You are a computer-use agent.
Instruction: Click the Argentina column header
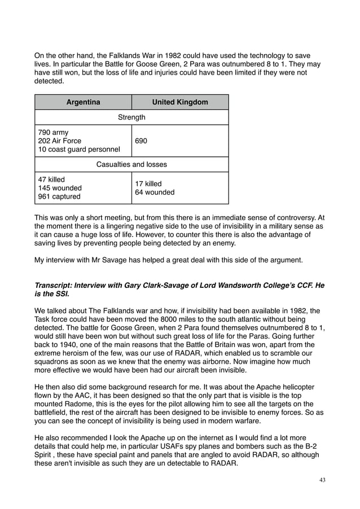[83, 102]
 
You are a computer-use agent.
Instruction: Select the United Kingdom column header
[180, 102]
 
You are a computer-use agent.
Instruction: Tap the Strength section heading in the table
[131, 117]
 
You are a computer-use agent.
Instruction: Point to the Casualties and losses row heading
[131, 165]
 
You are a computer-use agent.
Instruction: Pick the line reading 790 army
[53, 133]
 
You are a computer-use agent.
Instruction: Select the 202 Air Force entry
[59, 141]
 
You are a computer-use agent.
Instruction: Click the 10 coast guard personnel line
[78, 150]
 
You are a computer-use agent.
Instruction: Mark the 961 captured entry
[59, 196]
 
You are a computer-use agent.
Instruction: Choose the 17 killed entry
[148, 184]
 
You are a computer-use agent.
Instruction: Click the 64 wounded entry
[155, 192]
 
